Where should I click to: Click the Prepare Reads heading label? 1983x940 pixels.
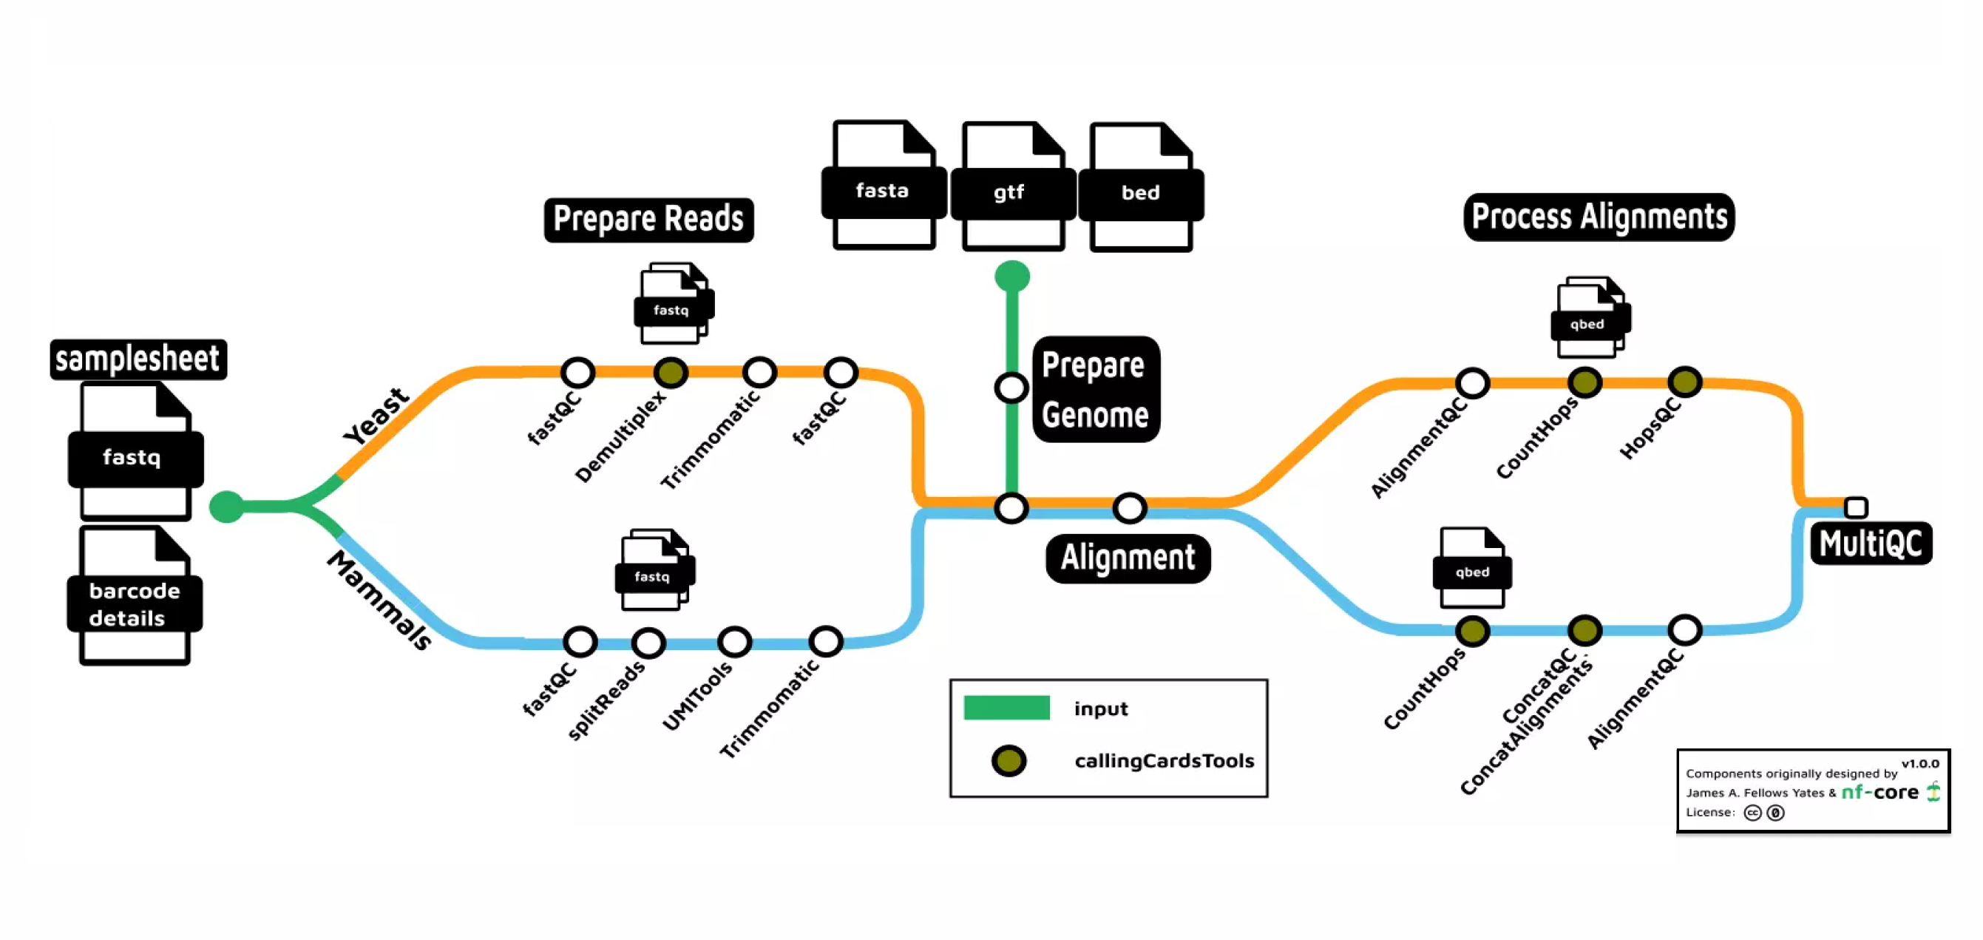[648, 220]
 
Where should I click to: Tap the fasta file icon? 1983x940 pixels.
[883, 186]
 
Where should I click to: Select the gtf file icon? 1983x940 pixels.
[1012, 187]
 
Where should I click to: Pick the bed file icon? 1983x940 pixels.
[1141, 188]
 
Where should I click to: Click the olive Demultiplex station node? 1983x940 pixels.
[671, 373]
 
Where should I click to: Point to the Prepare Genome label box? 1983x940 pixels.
[1095, 390]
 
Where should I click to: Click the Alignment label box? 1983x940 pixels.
[1127, 558]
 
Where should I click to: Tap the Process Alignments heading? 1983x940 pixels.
[1598, 217]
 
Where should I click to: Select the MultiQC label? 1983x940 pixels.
[1870, 544]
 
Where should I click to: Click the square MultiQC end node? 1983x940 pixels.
[1856, 507]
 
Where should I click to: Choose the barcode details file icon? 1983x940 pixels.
[134, 596]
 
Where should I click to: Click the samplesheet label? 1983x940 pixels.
[138, 359]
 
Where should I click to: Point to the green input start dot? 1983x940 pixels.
[226, 507]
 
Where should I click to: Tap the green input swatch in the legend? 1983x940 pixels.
[1006, 708]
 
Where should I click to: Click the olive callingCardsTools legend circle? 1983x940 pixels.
[1009, 760]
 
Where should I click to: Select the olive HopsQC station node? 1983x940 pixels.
[1684, 382]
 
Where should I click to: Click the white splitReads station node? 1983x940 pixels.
[648, 642]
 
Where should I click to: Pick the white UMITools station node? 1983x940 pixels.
[734, 641]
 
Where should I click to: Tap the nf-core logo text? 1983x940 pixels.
[1879, 792]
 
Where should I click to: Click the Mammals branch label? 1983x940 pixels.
[379, 601]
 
